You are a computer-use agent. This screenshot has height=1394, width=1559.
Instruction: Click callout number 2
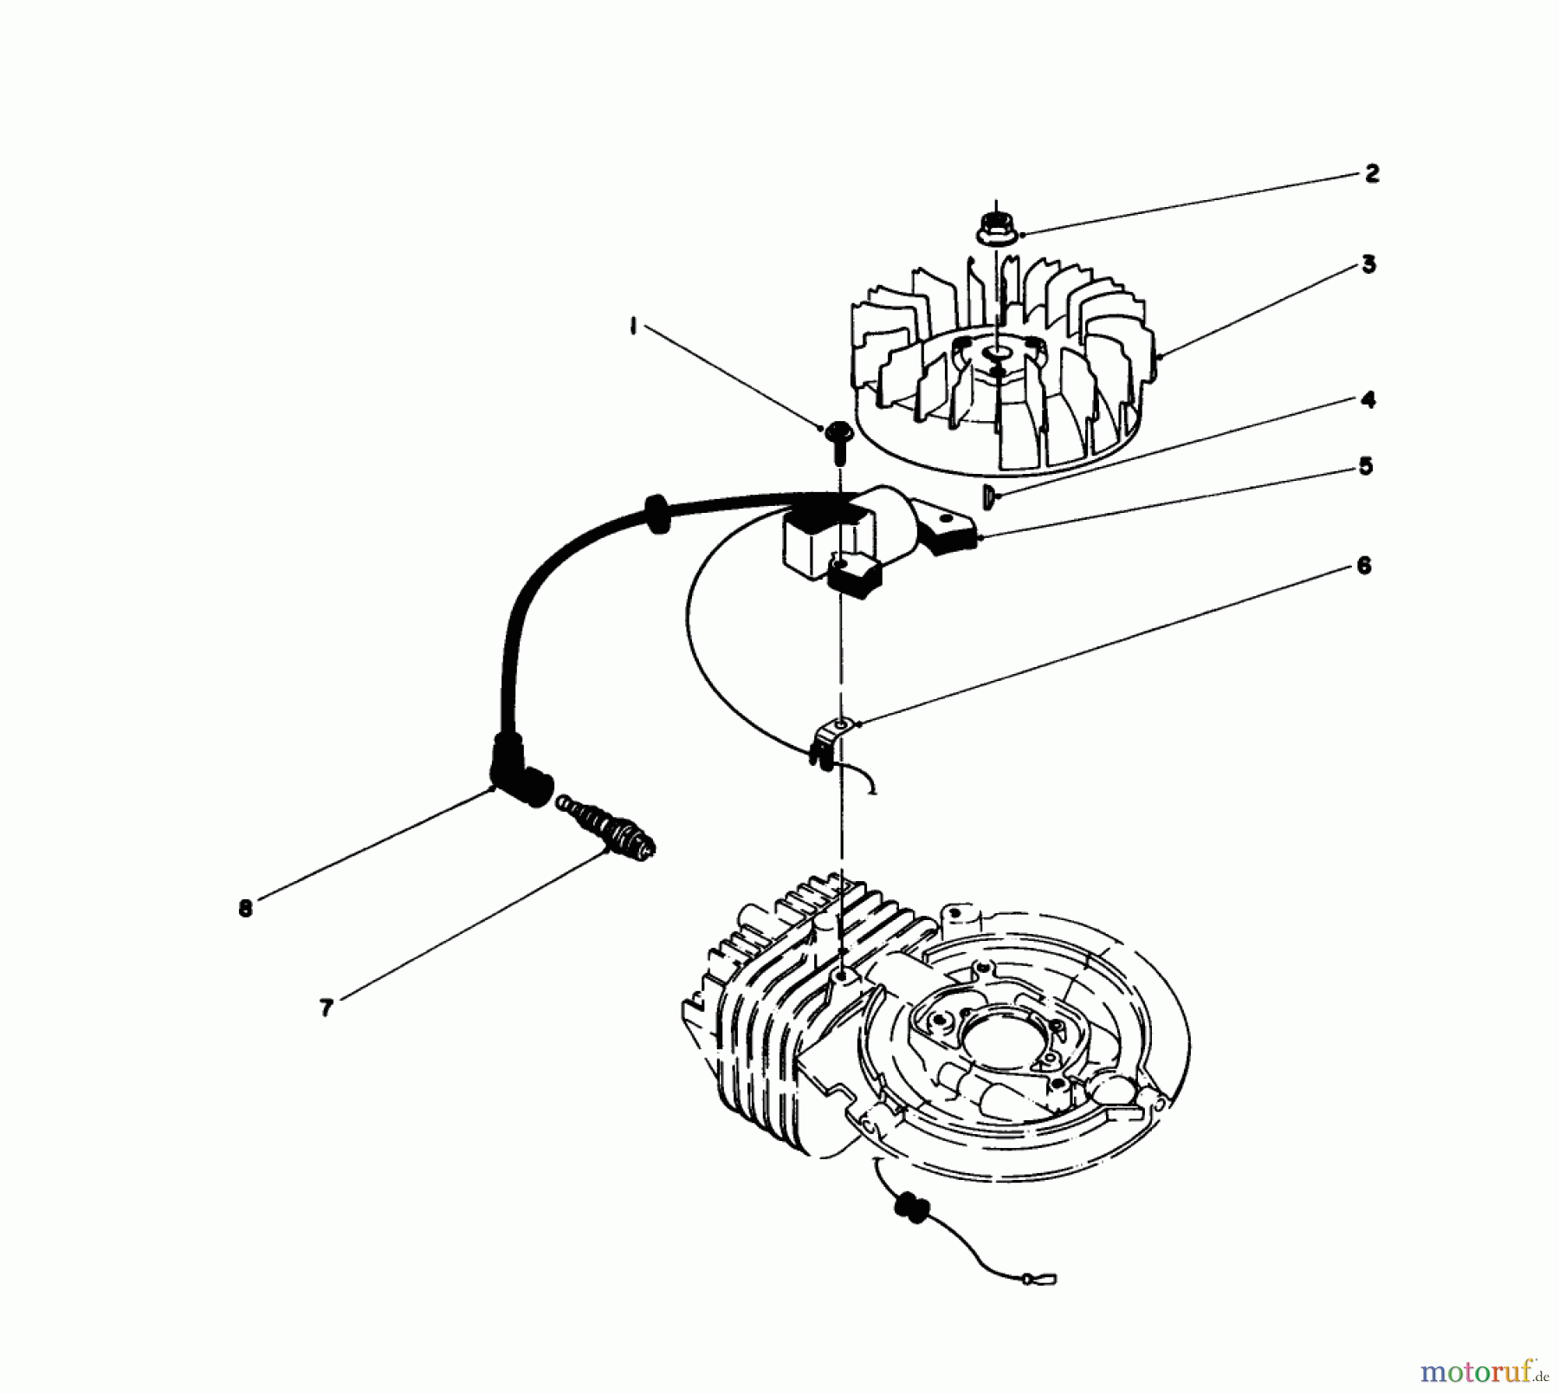click(1371, 173)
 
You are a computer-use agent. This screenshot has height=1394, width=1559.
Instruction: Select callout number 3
click(1368, 264)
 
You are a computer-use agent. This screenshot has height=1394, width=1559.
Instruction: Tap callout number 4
click(1368, 400)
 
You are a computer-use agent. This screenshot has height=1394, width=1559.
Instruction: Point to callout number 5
click(1365, 467)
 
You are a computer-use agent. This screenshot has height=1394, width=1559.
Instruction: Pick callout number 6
click(1363, 566)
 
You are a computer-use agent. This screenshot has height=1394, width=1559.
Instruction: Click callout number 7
click(326, 1008)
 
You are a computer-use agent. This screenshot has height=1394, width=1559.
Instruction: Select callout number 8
click(246, 909)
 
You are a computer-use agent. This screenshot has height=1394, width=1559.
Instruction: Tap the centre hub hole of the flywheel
click(996, 353)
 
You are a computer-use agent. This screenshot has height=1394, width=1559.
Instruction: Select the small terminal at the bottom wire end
click(1039, 1277)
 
